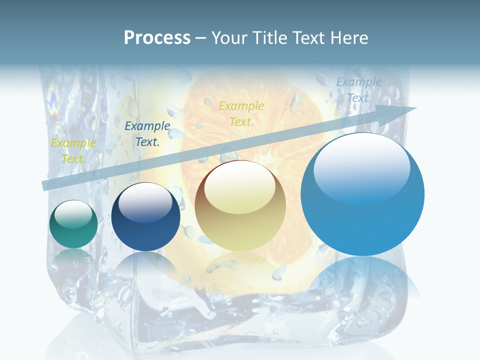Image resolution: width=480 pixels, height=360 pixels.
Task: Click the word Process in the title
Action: click(157, 38)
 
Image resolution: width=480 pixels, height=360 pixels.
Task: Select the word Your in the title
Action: click(228, 38)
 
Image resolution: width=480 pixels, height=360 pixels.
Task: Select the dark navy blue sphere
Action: click(145, 217)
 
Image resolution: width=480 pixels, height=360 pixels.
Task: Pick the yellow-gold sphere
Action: click(240, 206)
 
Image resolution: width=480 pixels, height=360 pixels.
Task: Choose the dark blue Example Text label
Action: click(147, 134)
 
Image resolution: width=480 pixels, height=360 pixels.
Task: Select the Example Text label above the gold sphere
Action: click(241, 113)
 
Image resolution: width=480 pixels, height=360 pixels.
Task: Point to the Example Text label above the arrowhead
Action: click(359, 90)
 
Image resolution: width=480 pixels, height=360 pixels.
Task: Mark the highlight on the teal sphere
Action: click(73, 214)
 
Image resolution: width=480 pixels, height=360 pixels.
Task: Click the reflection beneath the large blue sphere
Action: click(362, 280)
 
